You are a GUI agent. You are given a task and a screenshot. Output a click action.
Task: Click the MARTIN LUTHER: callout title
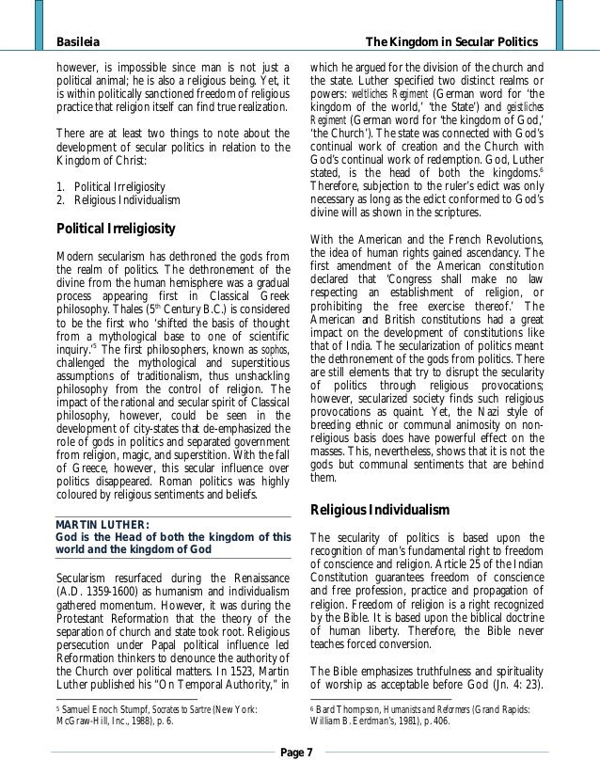pos(97,524)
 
